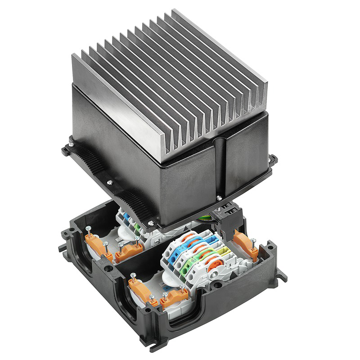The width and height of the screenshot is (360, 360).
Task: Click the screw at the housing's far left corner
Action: (x=70, y=145)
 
